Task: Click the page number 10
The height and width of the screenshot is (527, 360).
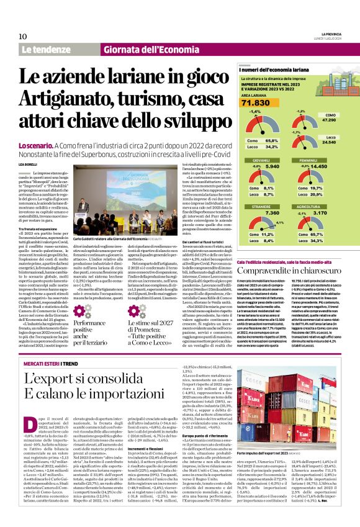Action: (22, 36)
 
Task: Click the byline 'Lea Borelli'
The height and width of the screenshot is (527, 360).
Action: (29, 163)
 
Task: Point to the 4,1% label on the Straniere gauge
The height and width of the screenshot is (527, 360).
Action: (279, 223)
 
